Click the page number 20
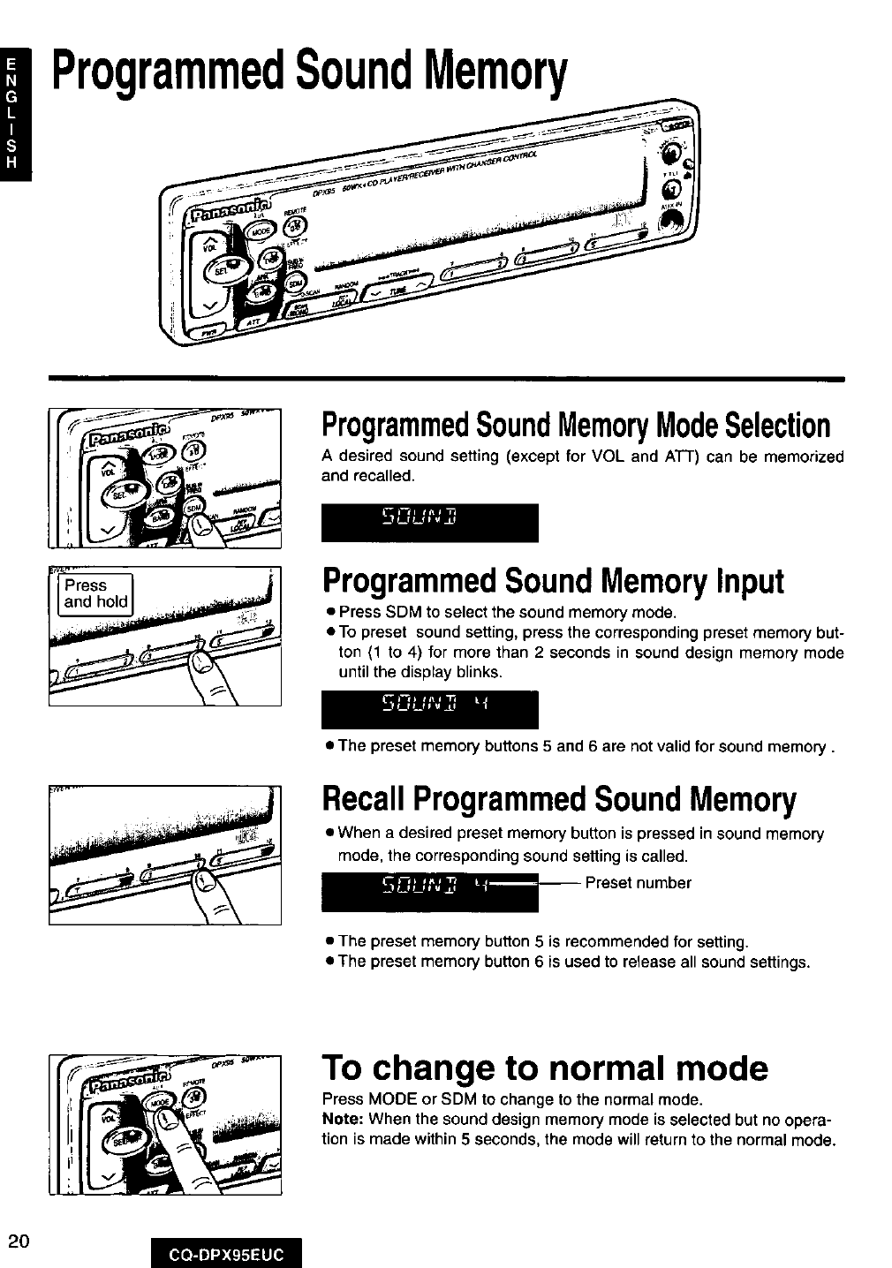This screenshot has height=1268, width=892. point(19,1241)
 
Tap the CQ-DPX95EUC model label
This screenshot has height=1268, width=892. point(226,1255)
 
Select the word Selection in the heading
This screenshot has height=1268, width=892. point(778,426)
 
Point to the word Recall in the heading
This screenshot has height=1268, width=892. point(363,800)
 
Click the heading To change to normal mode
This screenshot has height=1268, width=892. point(545,1068)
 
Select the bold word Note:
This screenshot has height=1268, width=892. point(343,1120)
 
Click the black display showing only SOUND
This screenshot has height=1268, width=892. point(429,523)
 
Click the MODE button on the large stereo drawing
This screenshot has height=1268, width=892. point(261,230)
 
